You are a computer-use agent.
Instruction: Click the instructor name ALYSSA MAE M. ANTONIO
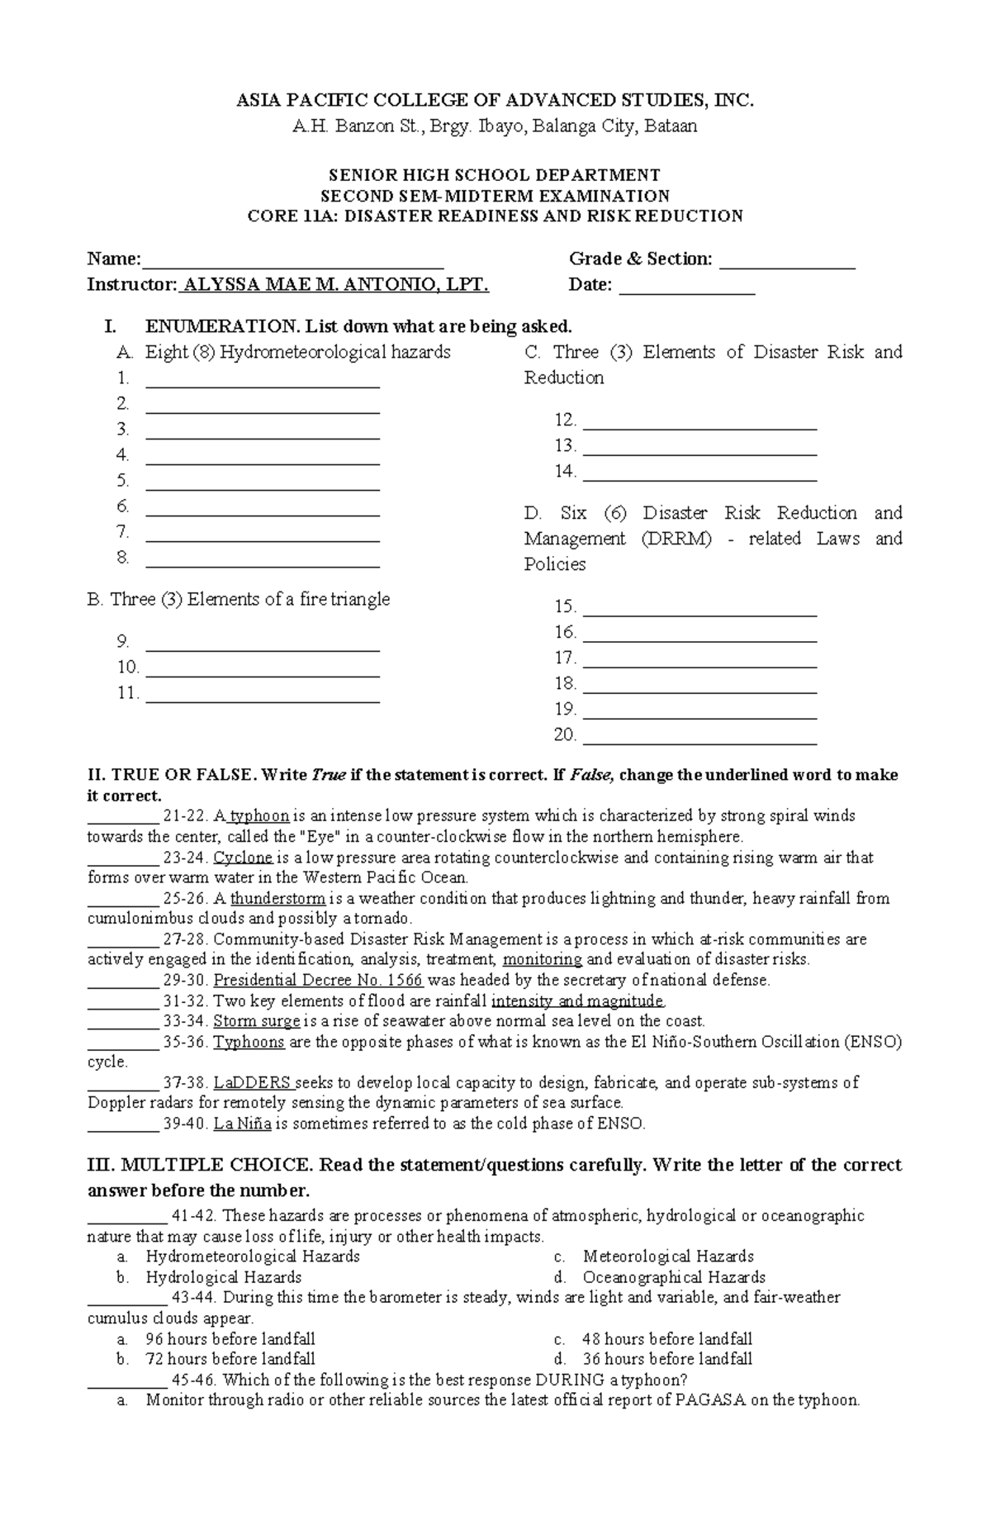click(335, 286)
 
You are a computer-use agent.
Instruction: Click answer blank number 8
click(262, 565)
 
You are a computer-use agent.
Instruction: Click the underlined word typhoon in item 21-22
click(259, 816)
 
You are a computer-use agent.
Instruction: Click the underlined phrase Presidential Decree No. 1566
click(318, 981)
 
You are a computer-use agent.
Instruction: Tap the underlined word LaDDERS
click(253, 1083)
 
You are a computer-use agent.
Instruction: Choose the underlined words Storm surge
click(256, 1022)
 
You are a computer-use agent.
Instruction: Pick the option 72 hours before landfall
click(230, 1359)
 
